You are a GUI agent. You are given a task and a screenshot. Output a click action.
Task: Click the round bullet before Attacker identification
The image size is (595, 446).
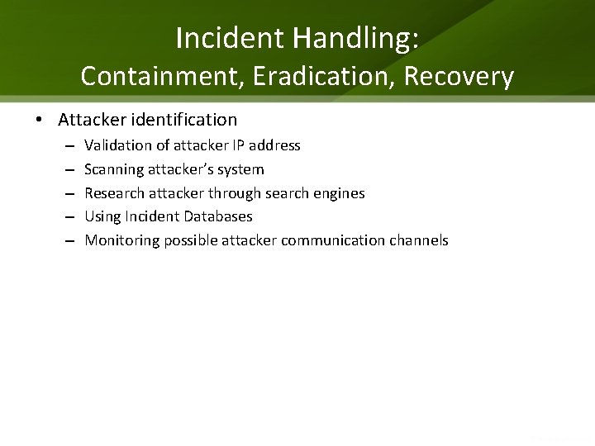pyautogui.click(x=40, y=120)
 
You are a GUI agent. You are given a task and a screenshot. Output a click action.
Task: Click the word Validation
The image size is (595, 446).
pyautogui.click(x=117, y=145)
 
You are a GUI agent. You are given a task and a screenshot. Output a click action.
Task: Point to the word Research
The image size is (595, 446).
pyautogui.click(x=114, y=193)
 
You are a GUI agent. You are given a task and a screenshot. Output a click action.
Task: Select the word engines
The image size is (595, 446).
pyautogui.click(x=340, y=193)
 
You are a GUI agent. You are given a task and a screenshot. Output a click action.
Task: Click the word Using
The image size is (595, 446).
pyautogui.click(x=102, y=216)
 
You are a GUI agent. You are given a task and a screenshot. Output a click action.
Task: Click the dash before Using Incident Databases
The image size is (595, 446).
pyautogui.click(x=68, y=216)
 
